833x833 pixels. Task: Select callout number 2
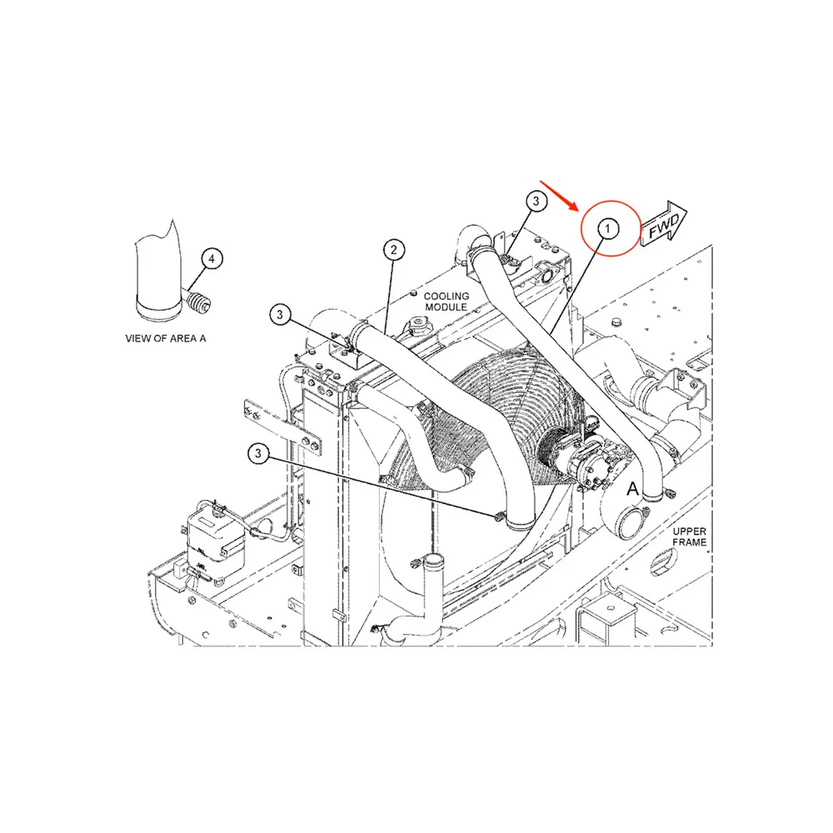tap(394, 249)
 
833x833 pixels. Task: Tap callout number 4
tap(212, 260)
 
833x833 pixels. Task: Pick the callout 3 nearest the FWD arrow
tap(536, 201)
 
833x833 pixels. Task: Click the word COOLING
tap(446, 297)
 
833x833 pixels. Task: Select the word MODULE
tap(446, 308)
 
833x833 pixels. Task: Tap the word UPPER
tap(691, 531)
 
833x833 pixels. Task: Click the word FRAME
tap(691, 542)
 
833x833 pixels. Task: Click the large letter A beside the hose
tap(632, 488)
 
